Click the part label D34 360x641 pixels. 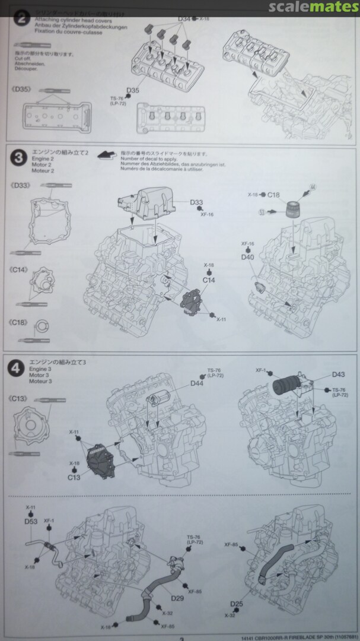pos(184,20)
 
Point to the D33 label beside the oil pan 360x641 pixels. pos(197,203)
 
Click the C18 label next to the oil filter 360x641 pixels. pos(273,194)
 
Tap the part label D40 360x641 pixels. pos(247,257)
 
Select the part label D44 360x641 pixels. pos(197,384)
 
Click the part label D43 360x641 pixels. pos(339,375)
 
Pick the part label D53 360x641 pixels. pos(31,521)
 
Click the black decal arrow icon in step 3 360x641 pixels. pos(105,155)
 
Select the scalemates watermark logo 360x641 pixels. pos(312,8)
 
